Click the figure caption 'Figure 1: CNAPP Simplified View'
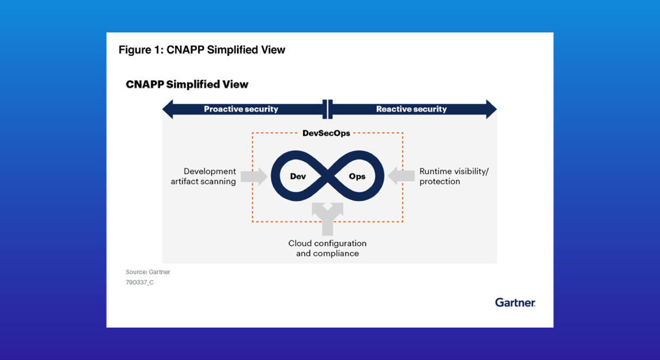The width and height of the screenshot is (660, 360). [x=202, y=50]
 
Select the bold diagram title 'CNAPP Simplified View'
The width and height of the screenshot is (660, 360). [x=187, y=84]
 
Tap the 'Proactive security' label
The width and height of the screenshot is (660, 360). [x=241, y=109]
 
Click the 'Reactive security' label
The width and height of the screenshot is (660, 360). [x=411, y=109]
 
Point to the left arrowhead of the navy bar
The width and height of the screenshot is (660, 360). [x=168, y=109]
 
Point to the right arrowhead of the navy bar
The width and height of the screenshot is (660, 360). [x=490, y=109]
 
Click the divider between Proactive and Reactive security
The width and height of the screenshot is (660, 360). [x=327, y=109]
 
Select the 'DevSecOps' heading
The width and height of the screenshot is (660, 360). [x=326, y=133]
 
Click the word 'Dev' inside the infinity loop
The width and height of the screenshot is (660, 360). [x=298, y=176]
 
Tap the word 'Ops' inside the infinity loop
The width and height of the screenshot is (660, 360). [x=357, y=176]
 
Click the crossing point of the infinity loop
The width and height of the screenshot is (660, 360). [x=327, y=176]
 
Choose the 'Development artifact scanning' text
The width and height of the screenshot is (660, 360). [x=203, y=176]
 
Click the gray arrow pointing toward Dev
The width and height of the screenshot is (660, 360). [x=254, y=176]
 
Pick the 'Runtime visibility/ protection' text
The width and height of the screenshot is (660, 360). [x=453, y=176]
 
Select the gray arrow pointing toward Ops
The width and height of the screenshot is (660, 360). [x=401, y=176]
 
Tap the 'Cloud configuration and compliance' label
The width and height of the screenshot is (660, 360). [x=327, y=248]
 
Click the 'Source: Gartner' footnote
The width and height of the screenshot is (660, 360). [x=148, y=272]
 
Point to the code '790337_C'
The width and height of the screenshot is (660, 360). [x=139, y=283]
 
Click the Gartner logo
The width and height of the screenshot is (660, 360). [x=515, y=302]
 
